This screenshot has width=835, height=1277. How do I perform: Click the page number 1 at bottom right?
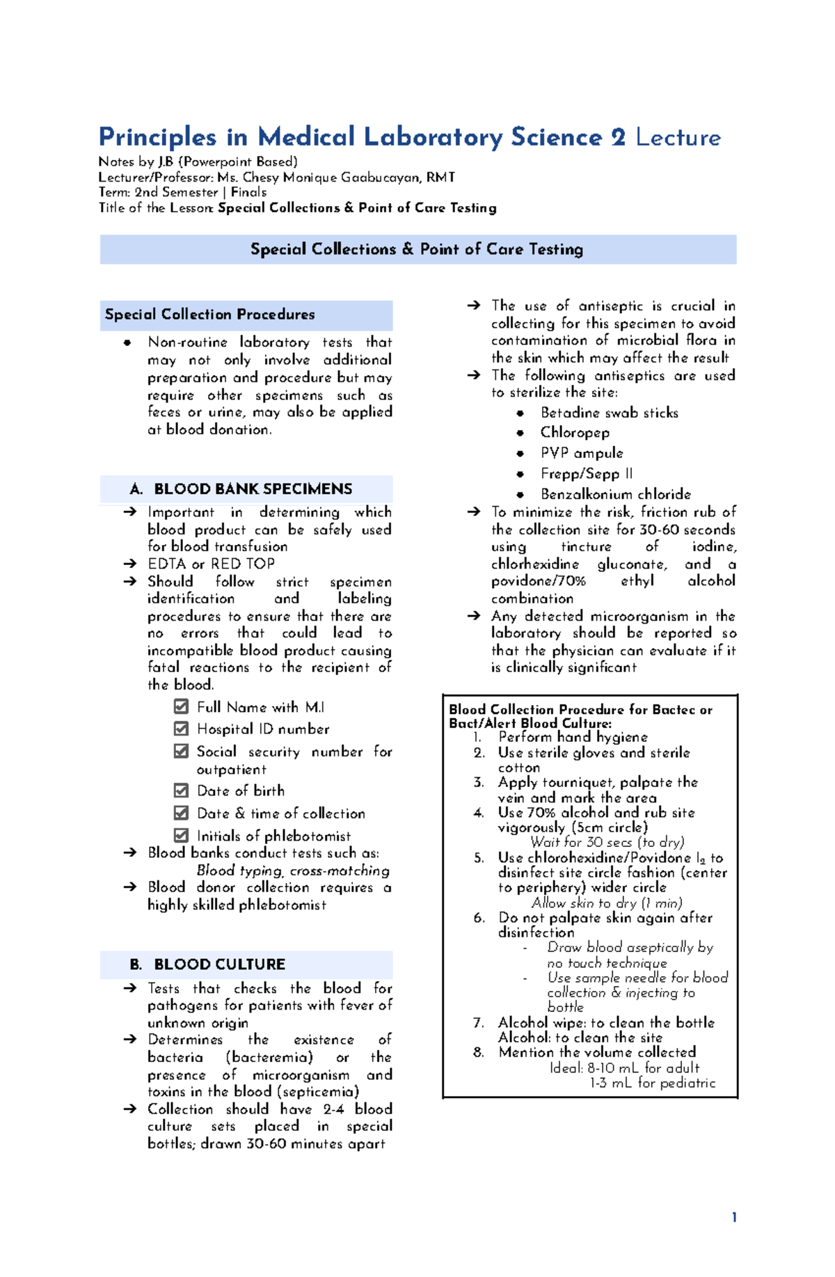point(734,1217)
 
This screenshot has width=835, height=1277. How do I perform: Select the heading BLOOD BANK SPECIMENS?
point(253,489)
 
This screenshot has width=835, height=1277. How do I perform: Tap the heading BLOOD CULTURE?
point(219,964)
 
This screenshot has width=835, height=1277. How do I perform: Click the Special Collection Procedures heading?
point(209,315)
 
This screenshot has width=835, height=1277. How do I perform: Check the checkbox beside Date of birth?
point(181,791)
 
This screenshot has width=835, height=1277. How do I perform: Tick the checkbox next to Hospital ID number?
point(181,729)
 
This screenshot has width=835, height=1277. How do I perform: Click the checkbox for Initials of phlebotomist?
point(181,835)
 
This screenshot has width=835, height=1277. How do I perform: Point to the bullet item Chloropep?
point(575,433)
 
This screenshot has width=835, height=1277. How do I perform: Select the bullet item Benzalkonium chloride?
point(615,494)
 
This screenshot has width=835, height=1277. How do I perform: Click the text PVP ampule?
point(581,453)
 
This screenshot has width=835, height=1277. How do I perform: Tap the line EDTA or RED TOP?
point(211,564)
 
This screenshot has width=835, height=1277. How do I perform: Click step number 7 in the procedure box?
point(478,1023)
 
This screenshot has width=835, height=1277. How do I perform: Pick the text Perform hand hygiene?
point(573,737)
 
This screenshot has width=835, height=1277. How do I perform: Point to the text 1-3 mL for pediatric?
point(652,1083)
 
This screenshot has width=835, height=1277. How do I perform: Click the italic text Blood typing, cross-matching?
point(292,871)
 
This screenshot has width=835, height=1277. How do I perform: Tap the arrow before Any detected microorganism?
point(474,616)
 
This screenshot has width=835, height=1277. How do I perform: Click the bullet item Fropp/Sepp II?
point(586,474)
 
